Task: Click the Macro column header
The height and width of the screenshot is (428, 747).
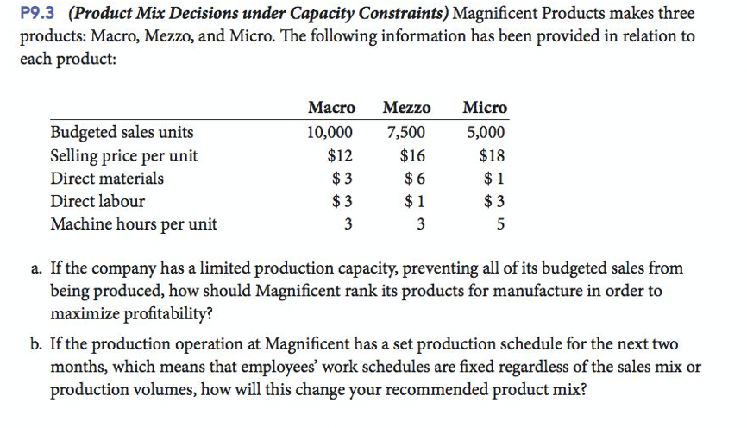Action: (x=331, y=108)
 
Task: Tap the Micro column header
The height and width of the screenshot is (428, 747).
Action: (x=485, y=108)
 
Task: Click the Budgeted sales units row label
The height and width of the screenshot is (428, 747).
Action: (x=122, y=133)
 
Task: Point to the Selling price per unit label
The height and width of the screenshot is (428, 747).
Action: (x=124, y=156)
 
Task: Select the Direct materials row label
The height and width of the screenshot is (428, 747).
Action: (x=107, y=179)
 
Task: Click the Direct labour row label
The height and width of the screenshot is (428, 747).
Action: (x=98, y=202)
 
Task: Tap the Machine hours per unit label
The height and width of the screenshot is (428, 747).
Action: (x=134, y=225)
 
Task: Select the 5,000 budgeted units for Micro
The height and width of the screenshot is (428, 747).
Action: (x=486, y=133)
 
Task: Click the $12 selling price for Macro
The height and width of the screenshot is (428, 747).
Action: (x=341, y=156)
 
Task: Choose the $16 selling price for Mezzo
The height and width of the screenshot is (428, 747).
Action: (x=412, y=156)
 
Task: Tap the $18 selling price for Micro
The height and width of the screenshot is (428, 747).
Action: (x=492, y=156)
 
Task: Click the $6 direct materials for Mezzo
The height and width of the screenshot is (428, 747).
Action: (x=415, y=179)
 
